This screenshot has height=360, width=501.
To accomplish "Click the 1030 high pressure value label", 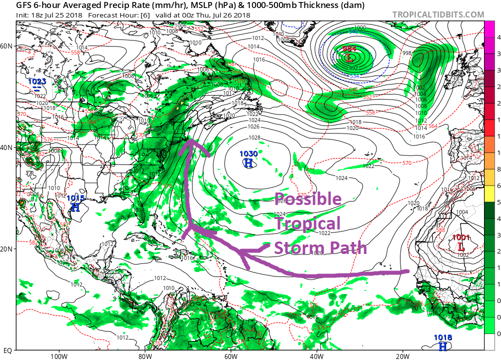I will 248,154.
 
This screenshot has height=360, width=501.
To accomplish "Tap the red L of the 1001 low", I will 461,246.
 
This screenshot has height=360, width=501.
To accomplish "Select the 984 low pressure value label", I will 349,49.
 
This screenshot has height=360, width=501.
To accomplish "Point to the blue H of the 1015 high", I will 75,206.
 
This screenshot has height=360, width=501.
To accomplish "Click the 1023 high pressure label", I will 37,81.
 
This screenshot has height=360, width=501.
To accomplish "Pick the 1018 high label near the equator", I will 443,338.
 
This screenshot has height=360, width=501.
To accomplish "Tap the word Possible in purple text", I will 307,199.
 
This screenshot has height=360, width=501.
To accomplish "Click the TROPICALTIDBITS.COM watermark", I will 438,14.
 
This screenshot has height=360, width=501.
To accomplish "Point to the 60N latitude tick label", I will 6,46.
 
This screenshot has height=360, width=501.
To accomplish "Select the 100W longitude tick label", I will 59,356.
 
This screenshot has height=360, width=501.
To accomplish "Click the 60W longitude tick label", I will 230,356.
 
